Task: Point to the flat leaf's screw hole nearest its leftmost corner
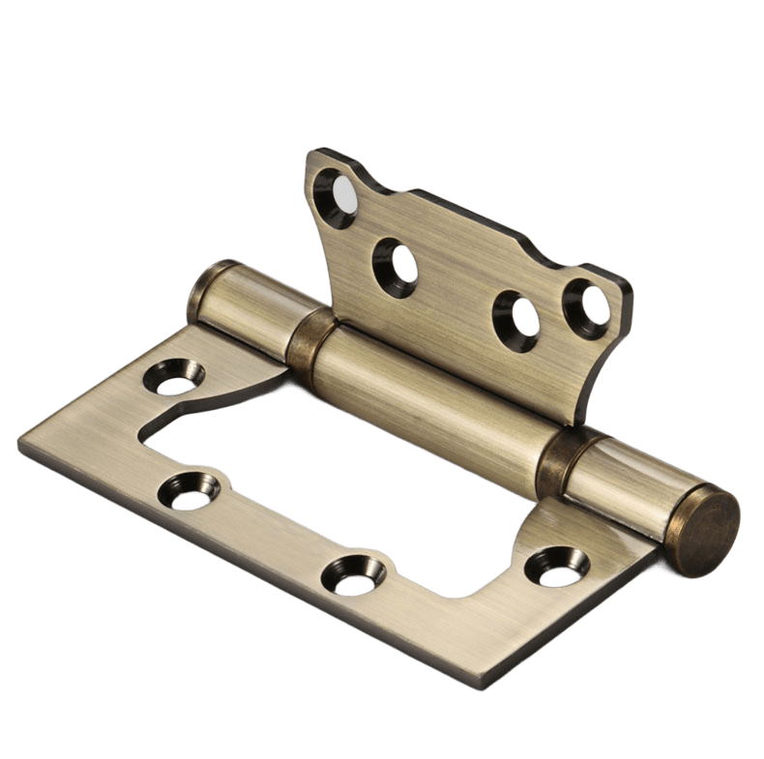(x=191, y=490)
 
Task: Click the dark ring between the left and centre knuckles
(x=308, y=340)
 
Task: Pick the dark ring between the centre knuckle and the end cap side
(x=556, y=454)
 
